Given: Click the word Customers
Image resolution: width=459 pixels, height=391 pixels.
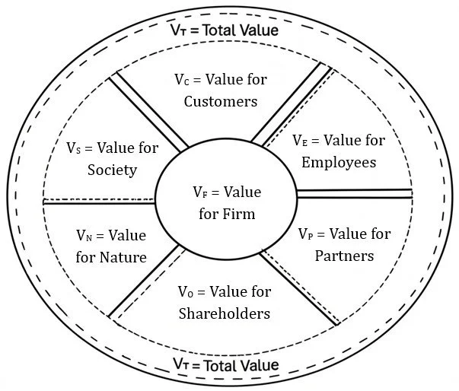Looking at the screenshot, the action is (x=221, y=100).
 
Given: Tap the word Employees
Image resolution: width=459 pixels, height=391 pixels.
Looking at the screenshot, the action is (x=339, y=162).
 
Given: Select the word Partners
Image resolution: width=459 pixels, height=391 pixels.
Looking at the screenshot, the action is (x=344, y=255).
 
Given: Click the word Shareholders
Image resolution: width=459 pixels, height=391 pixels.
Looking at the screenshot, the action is (x=224, y=313).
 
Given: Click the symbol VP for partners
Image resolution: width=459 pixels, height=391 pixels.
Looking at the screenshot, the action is (x=305, y=234).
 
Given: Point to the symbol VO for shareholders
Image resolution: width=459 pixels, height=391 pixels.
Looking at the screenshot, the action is (x=186, y=292).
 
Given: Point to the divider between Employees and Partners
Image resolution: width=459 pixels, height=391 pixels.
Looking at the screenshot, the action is (x=354, y=193).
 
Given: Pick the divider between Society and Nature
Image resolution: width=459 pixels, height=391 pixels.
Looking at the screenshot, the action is (x=99, y=202).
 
